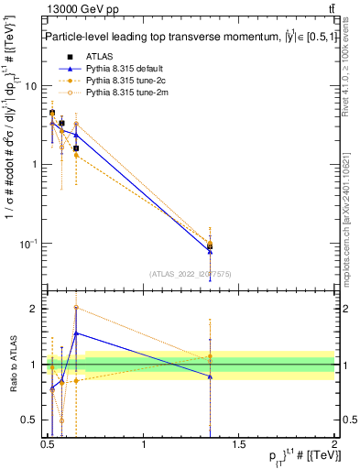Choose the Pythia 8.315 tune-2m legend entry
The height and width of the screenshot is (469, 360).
pyautogui.click(x=118, y=93)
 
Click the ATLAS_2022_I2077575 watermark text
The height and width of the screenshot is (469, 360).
pyautogui.click(x=191, y=273)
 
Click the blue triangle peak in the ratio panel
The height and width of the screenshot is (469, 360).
pyautogui.click(x=77, y=333)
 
